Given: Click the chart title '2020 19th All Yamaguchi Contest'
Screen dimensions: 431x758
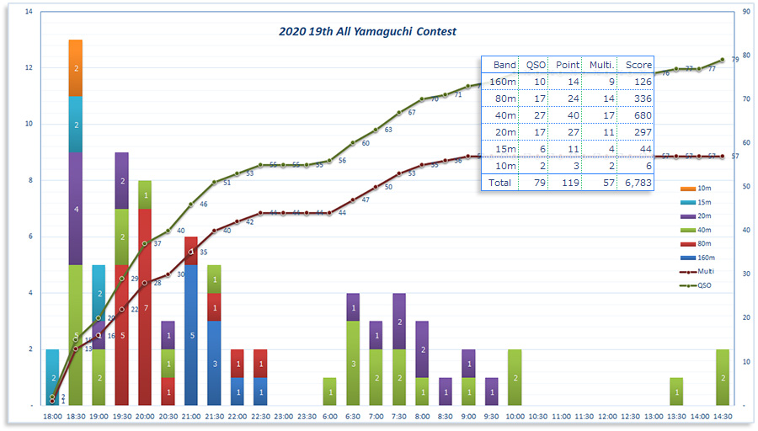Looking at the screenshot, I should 367,31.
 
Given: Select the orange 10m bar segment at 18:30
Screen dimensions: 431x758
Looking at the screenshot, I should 76,67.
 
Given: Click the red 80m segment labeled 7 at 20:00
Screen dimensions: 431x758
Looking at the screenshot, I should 145,307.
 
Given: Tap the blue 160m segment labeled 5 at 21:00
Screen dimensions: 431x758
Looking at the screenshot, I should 191,335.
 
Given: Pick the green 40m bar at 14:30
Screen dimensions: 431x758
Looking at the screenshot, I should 722,377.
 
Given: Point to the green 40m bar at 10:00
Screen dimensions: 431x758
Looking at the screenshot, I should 515,377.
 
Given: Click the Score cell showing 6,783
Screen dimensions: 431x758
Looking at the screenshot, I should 636,182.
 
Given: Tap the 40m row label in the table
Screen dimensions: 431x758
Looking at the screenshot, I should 504,115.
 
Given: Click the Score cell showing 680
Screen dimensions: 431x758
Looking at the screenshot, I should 636,115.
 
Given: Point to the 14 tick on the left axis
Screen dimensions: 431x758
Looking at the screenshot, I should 29,12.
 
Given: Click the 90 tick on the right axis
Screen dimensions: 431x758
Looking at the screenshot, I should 746,12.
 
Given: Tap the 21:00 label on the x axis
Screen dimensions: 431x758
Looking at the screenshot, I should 191,416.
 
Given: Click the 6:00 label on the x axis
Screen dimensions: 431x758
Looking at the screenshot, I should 329,416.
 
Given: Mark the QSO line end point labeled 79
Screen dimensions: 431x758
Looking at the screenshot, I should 722,60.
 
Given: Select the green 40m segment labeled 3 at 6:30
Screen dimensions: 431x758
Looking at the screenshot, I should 353,363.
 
